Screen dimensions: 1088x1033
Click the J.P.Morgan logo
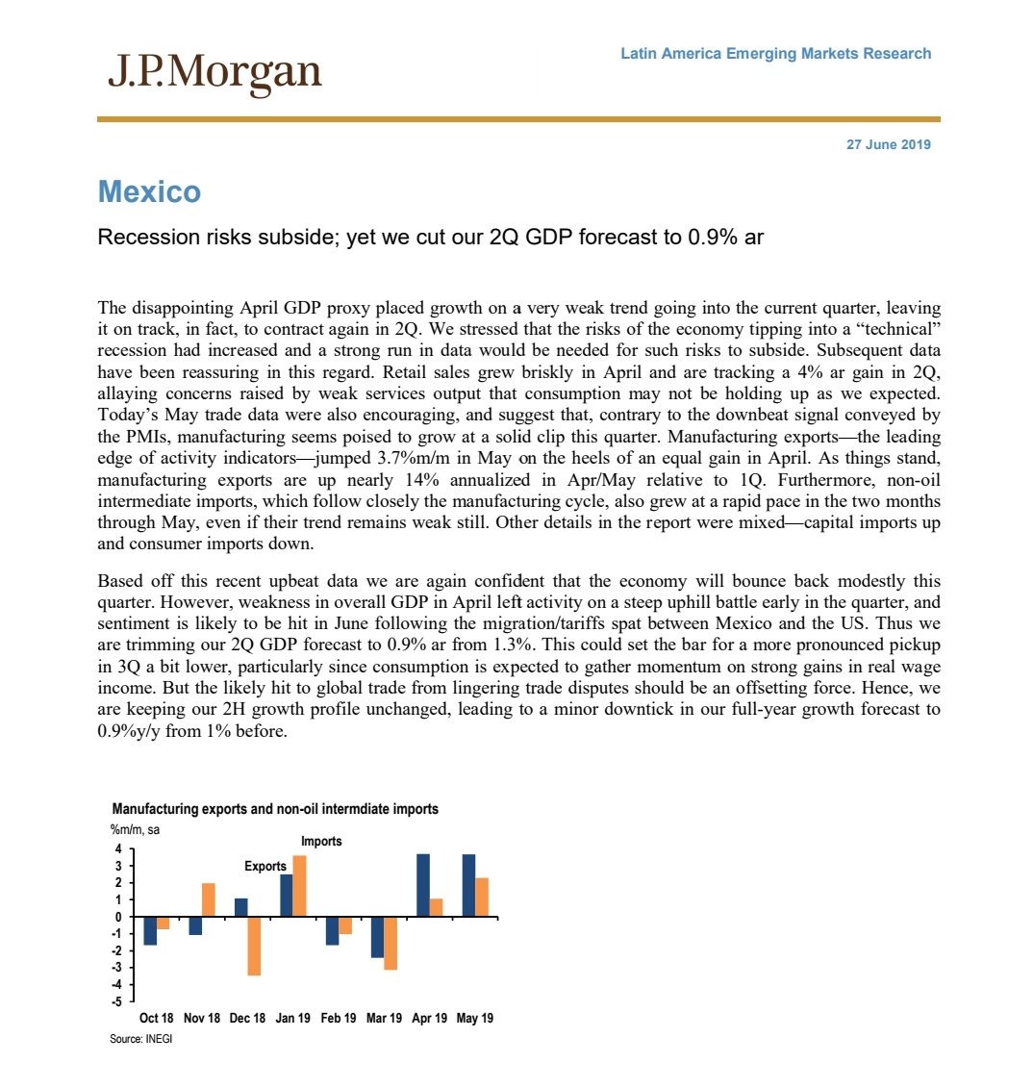coord(214,72)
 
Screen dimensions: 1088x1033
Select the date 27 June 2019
coord(888,145)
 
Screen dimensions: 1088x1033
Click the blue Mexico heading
coord(149,192)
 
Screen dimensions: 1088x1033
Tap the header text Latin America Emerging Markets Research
coord(775,54)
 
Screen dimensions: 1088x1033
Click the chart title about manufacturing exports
coord(275,809)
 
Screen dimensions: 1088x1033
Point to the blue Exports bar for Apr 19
coord(422,885)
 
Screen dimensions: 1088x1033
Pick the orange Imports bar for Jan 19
coord(299,886)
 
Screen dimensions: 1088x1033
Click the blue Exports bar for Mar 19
coord(377,937)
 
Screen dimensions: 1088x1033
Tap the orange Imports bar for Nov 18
coord(208,900)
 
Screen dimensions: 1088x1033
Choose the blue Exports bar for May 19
coord(468,885)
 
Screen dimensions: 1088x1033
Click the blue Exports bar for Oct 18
coord(149,931)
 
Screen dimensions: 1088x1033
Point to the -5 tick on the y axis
coord(116,1001)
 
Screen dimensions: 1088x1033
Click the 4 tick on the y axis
coord(118,849)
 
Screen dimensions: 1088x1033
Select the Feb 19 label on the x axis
coord(339,1018)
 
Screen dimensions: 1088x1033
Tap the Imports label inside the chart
coord(321,841)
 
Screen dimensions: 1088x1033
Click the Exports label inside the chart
coord(265,866)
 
